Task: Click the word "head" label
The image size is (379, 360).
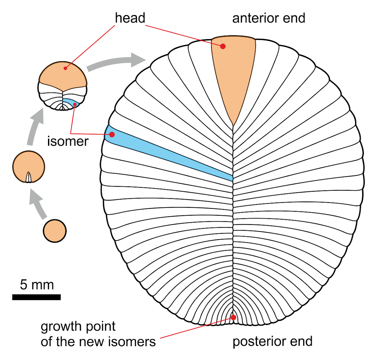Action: pos(130,18)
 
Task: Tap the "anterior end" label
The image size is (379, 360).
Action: pos(268,18)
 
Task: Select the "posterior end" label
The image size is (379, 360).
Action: pos(272,341)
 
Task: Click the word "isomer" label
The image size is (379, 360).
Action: pos(68,141)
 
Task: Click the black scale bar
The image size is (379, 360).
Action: pos(36,297)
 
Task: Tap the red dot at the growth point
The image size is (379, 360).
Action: pos(233,317)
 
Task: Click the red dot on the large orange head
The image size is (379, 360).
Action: pos(223,46)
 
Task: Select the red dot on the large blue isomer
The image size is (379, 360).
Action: pos(112,134)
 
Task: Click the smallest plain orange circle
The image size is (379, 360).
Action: pos(55,231)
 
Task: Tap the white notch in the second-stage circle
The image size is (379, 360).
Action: pos(29,177)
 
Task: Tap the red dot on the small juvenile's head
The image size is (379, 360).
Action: pos(65,68)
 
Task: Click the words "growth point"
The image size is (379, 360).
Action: pos(78,327)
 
